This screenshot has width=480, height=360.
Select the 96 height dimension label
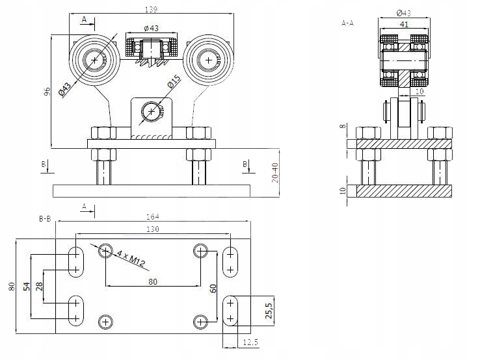(x=47, y=92)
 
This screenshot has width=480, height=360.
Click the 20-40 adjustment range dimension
(x=275, y=172)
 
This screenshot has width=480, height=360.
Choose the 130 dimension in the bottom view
(x=153, y=229)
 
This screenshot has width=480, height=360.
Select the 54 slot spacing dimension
(x=26, y=286)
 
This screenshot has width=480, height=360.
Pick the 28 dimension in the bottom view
(x=38, y=286)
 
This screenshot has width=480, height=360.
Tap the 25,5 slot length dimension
(x=267, y=311)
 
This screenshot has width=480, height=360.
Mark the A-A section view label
(x=347, y=22)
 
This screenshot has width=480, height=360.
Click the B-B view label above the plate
(x=45, y=219)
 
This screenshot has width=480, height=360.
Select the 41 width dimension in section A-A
(x=404, y=24)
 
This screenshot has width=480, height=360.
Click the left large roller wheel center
(x=96, y=60)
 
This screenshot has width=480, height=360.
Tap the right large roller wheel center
(x=207, y=60)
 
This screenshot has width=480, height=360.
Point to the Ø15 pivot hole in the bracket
(x=152, y=111)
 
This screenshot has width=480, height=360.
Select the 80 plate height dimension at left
(x=11, y=286)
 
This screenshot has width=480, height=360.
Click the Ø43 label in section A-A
(x=403, y=13)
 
